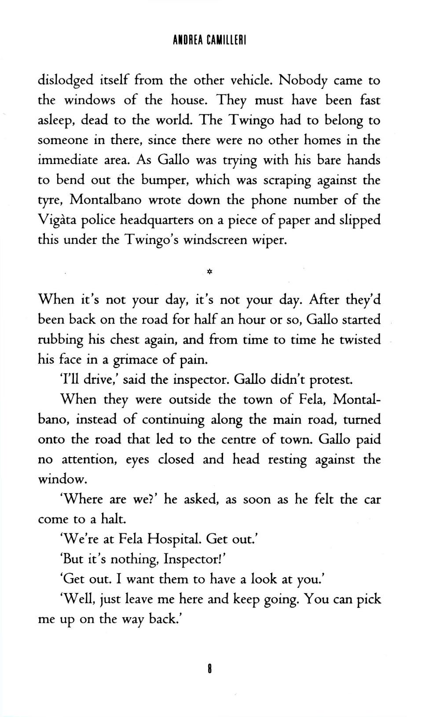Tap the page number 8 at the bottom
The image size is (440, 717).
(210, 670)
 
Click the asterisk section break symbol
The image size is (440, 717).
(209, 272)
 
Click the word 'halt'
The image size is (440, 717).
(114, 520)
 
